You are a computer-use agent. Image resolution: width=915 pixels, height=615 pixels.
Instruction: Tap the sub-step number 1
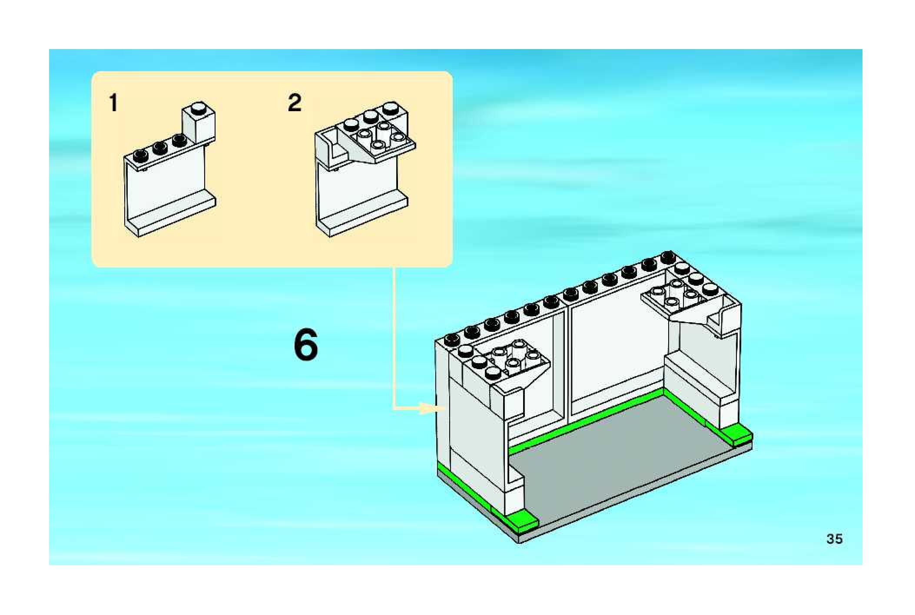click(x=113, y=103)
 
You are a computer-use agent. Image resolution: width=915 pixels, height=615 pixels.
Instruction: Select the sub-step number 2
click(x=295, y=103)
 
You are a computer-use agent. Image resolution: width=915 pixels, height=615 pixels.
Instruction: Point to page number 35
click(x=834, y=539)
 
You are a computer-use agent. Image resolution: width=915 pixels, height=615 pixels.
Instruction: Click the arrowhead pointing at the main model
click(x=428, y=408)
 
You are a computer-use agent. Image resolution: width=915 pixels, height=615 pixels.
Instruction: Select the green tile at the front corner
click(x=524, y=520)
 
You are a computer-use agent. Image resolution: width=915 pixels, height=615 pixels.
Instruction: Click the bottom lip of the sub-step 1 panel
click(x=174, y=217)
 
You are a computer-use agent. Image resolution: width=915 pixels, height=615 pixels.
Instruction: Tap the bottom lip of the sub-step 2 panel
click(x=365, y=217)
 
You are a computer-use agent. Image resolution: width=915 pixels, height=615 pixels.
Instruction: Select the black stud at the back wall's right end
click(x=667, y=257)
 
